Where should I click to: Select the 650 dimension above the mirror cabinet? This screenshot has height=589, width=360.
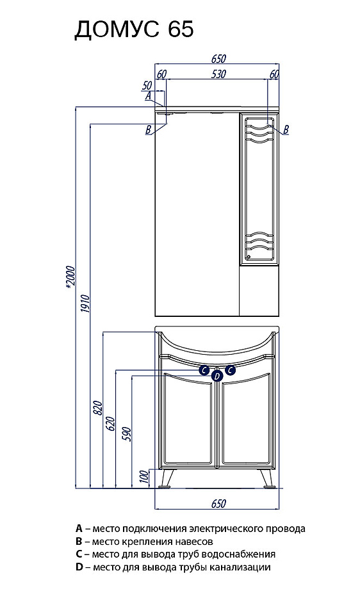click(218, 59)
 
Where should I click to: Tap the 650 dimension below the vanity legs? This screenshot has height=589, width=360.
click(218, 503)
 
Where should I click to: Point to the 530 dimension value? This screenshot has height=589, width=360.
click(218, 74)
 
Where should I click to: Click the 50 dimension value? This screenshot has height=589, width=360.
click(147, 86)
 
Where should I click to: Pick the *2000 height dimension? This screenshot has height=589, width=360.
click(70, 278)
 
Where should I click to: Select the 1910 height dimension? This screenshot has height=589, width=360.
click(85, 305)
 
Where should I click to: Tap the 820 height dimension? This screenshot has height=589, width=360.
click(98, 408)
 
